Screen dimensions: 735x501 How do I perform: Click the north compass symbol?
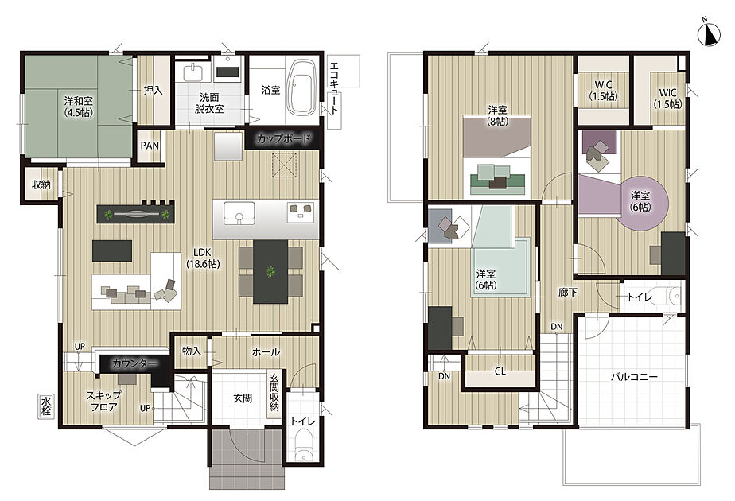pos(709,36)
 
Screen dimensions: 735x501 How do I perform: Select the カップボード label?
pos(284,138)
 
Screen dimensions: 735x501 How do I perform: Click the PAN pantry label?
pos(150,146)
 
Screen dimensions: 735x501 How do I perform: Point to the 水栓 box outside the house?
pos(46,406)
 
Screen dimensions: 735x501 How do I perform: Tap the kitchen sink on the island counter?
pos(239,213)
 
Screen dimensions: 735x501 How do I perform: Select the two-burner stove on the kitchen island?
pos(301,211)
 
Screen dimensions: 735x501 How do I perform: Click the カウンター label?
pos(134,363)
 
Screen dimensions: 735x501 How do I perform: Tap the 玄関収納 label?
pos(274,393)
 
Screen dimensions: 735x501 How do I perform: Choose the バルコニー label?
pos(634,376)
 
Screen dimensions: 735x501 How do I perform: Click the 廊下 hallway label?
pos(568,293)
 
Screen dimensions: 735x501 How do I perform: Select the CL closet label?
pos(500,371)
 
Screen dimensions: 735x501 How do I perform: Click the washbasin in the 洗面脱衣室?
pos(193,72)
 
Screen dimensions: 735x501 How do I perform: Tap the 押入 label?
pos(153,91)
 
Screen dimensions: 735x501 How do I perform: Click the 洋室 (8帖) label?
pos(497,115)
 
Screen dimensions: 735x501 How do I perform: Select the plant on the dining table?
pos(270,271)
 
